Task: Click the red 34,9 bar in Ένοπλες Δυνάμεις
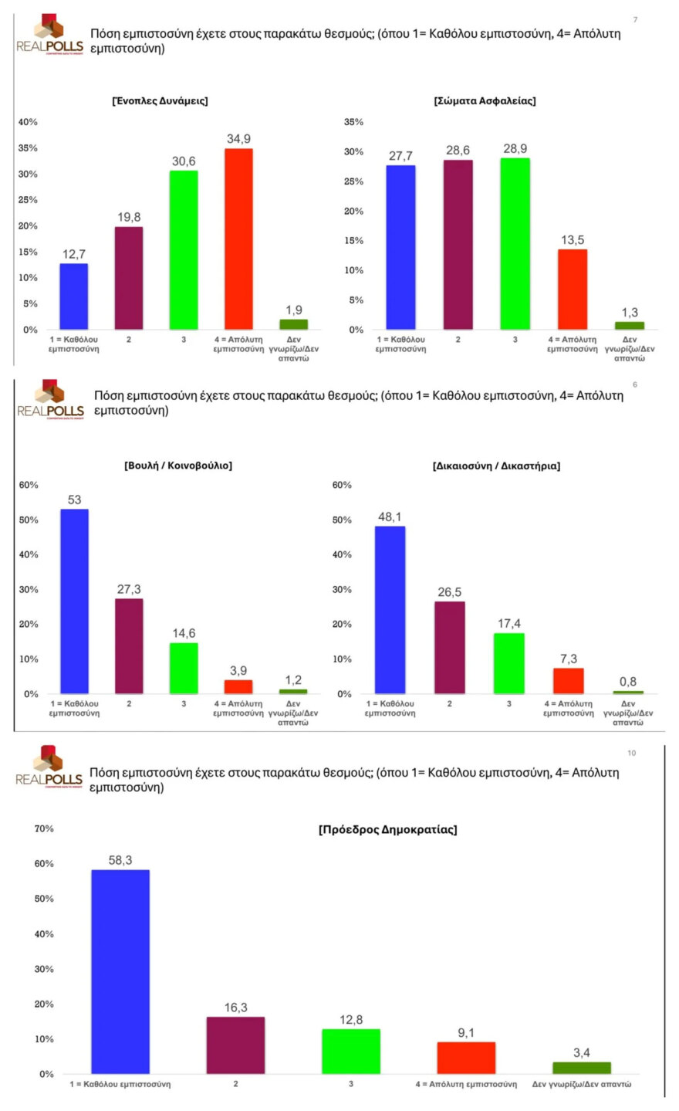pos(238,239)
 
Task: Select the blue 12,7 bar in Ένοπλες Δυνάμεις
pos(74,296)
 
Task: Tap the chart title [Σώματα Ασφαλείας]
pos(485,101)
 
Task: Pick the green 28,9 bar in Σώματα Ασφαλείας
pos(515,244)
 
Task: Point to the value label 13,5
pos(573,240)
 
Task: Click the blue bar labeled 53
pos(74,601)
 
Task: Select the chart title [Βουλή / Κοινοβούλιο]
pos(178,466)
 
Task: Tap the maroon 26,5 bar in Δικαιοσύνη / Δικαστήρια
pos(449,647)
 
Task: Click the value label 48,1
pos(390,517)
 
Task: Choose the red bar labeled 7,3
pos(568,681)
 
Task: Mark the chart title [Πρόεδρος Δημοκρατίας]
pos(387,830)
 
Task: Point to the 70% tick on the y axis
pos(44,828)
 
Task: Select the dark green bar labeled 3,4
pos(581,1068)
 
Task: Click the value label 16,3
pos(235,1008)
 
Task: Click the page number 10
pos(631,753)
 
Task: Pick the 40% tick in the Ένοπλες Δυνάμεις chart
pos(28,122)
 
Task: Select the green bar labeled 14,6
pos(184,668)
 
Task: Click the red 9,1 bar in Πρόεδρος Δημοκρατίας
pos(466,1058)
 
